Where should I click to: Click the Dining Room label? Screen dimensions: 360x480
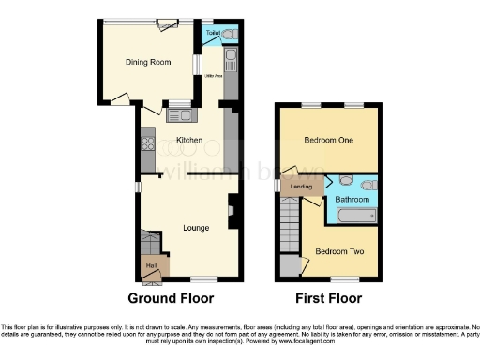148,62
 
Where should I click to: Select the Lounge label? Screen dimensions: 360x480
195,227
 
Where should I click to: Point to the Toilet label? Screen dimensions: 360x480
213,33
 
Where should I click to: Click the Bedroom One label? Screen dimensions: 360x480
328,141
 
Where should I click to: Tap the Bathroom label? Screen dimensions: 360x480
352,199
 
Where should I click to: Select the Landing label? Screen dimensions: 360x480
302,187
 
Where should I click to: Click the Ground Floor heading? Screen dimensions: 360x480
171,299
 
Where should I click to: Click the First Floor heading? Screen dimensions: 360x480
327,299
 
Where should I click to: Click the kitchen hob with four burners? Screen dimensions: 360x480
147,145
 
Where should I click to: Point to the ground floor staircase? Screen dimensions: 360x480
150,245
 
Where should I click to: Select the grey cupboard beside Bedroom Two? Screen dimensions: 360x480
289,265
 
